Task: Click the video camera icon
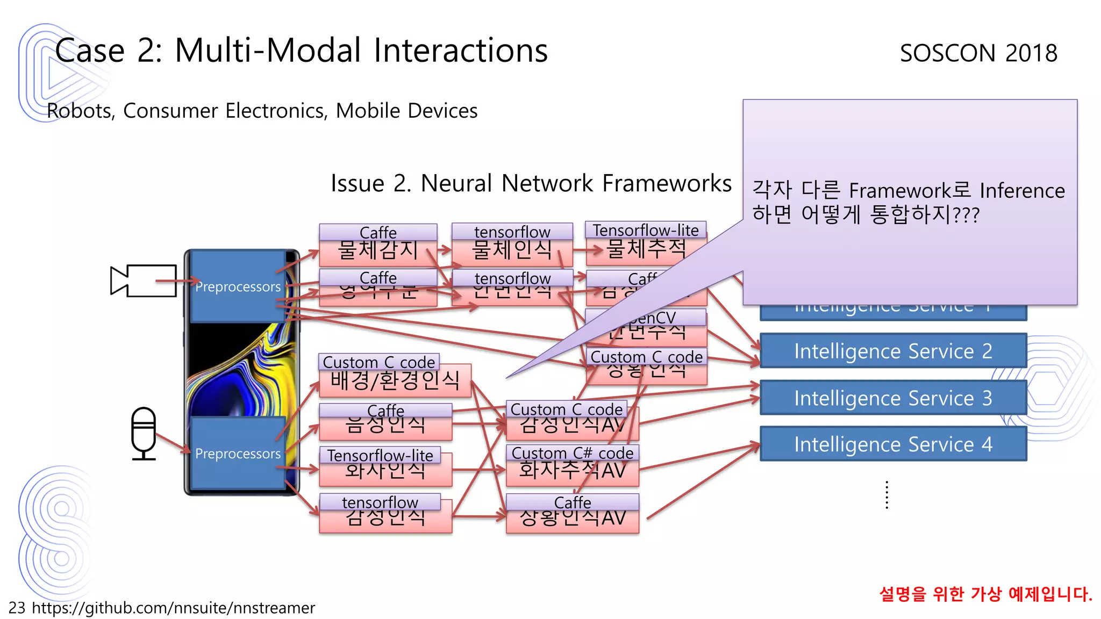pos(143,280)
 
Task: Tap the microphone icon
pos(144,433)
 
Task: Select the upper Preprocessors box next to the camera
pos(238,286)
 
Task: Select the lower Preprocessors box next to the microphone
pos(238,454)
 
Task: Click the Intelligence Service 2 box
pos(893,351)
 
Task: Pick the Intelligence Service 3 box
pos(893,398)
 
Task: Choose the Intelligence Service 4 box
pos(893,444)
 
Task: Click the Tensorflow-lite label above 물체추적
pos(645,230)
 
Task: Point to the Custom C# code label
pos(572,453)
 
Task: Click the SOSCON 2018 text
pos(978,53)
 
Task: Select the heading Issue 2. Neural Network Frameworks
pos(531,183)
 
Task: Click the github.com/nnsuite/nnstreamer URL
pos(173,608)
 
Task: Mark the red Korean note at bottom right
pos(985,594)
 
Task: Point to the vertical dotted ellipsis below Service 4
pos(886,495)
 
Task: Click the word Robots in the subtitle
pos(80,111)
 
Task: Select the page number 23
pos(17,608)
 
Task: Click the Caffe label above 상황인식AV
pos(572,502)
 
